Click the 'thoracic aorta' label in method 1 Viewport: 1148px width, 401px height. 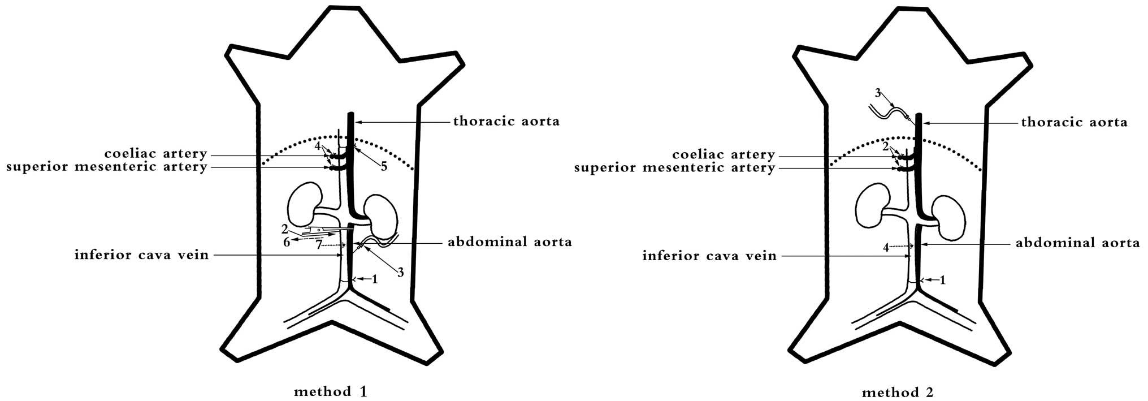click(x=506, y=121)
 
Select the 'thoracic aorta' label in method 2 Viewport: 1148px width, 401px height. click(x=1074, y=122)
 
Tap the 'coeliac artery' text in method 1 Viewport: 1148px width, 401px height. click(x=155, y=154)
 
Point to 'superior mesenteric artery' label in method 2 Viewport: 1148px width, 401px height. click(x=674, y=168)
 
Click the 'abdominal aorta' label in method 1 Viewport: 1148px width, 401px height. click(x=509, y=242)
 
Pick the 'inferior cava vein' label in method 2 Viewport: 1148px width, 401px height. click(x=709, y=256)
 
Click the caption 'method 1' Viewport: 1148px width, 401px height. click(x=331, y=391)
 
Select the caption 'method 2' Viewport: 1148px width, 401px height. click(x=898, y=392)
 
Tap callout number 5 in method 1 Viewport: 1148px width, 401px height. click(x=384, y=167)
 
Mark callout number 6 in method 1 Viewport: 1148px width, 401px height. click(x=287, y=242)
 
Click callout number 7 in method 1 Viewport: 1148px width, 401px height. click(x=319, y=244)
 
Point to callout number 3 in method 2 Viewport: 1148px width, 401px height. click(x=878, y=93)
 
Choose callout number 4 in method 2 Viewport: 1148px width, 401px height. click(x=886, y=248)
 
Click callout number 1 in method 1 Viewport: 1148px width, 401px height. click(x=374, y=279)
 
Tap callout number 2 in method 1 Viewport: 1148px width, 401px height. click(x=285, y=229)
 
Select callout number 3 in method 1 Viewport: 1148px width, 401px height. click(x=400, y=273)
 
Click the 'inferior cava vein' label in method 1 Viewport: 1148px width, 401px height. click(x=141, y=255)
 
